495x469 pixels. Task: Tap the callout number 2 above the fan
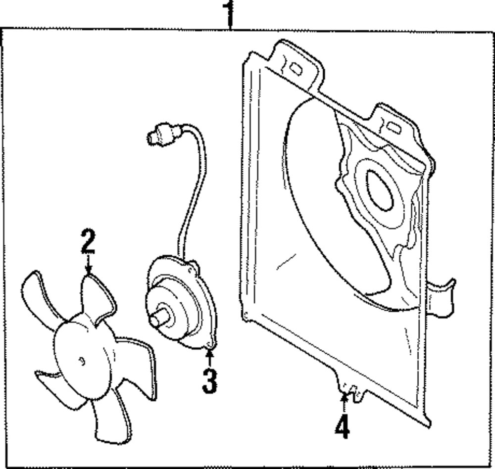click(88, 242)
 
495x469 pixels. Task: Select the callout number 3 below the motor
click(209, 381)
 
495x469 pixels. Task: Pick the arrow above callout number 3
click(210, 357)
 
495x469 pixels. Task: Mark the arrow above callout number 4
click(343, 402)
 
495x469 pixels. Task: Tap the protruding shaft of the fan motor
click(160, 319)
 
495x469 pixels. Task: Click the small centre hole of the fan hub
click(82, 361)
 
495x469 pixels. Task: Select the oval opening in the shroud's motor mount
click(380, 190)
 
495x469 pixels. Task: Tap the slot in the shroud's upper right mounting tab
click(394, 127)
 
